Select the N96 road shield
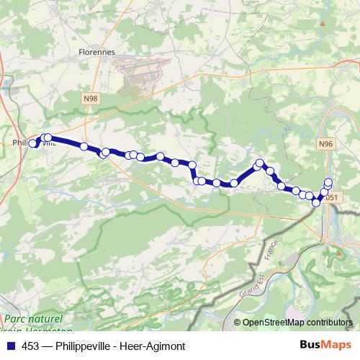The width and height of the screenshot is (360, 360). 326,144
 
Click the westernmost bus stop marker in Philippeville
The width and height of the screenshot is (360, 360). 32,143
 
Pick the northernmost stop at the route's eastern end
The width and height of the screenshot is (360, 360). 328,182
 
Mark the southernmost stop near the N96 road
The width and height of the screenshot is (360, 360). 315,203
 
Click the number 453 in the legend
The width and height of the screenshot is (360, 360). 31,346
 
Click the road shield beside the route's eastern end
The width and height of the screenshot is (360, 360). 331,197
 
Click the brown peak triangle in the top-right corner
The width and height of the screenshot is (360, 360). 323,23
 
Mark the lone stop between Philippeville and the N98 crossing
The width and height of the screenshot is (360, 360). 84,146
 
